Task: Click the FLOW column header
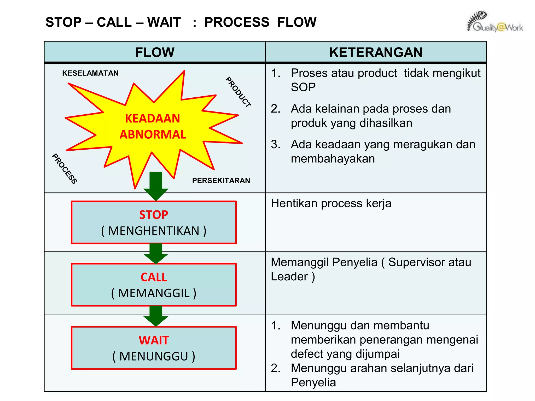coord(155,52)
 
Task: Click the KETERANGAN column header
coord(376,52)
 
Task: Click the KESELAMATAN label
coord(90,73)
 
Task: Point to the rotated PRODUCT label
coord(238,92)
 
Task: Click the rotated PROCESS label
coord(65,169)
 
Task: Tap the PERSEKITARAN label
coord(221,180)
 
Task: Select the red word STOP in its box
coord(154,215)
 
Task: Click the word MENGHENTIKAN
coord(154,231)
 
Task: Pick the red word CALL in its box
coord(154,277)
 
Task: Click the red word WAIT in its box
coord(154,340)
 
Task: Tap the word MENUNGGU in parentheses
coord(154,356)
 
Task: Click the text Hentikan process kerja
coord(331,203)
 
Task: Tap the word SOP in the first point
coord(303,87)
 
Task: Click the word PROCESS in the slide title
coord(237,22)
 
